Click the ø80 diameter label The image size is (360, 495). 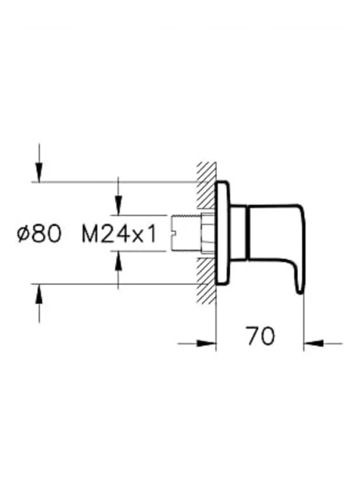pos(39,234)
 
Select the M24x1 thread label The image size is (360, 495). pos(119,234)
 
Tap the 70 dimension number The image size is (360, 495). pos(260,336)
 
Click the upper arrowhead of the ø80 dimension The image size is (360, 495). pos(39,172)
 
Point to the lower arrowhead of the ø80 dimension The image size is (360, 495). pos(39,294)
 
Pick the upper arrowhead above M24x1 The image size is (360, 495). pos(118,206)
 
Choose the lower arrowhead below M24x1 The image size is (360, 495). pos(118,261)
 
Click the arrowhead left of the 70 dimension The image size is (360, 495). pos(206,343)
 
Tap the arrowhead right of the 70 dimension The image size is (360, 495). pos(314,343)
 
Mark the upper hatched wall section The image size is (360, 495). pos(206,185)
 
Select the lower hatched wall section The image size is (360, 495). pos(206,281)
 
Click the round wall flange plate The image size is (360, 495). pos(223,234)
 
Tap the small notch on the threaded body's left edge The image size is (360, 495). pos(173,234)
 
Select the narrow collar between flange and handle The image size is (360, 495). pos(238,234)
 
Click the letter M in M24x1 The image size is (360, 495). pos(89,234)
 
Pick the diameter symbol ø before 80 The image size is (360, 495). pos(24,234)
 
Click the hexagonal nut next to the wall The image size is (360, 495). pos(208,234)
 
